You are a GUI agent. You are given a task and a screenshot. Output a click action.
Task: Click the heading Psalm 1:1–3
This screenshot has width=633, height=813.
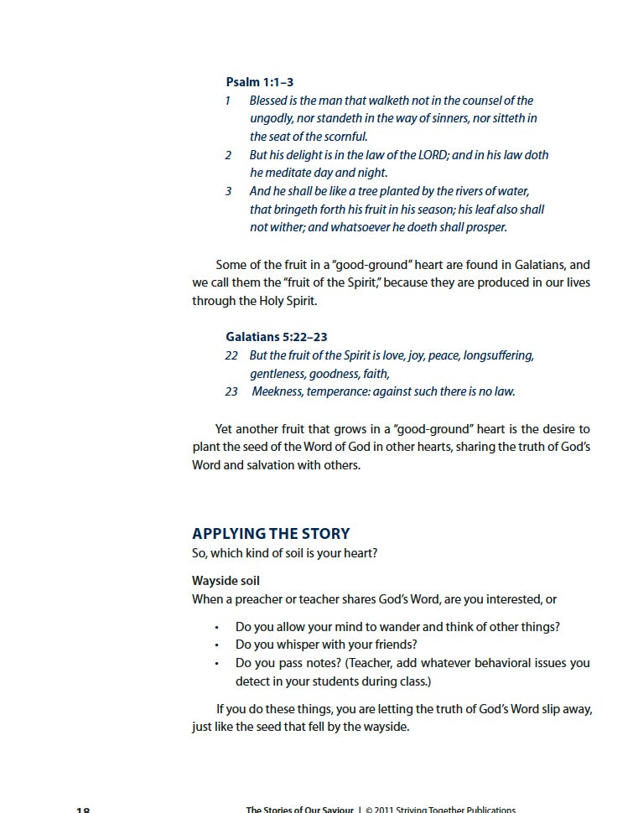[260, 82]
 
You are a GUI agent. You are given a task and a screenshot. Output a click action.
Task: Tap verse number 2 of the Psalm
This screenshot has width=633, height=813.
[228, 155]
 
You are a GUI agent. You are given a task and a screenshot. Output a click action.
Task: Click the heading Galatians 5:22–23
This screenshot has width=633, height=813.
[277, 337]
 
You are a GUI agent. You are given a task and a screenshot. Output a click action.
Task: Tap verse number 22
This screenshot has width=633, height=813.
[231, 355]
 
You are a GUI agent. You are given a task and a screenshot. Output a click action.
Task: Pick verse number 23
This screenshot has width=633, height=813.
[231, 391]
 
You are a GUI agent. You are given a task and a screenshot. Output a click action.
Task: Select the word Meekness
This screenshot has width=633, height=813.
[278, 391]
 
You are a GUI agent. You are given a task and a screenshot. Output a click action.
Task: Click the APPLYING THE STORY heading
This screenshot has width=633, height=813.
[271, 534]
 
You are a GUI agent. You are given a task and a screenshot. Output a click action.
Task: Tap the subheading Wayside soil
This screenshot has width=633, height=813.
[231, 581]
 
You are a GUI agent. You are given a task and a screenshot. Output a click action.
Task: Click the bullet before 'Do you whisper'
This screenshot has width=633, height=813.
[216, 645]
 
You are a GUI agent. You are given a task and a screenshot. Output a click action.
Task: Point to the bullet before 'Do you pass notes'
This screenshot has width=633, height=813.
[216, 664]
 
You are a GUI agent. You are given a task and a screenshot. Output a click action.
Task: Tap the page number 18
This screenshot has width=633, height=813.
[83, 810]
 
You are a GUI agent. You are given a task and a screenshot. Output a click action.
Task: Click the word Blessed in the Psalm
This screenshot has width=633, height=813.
[272, 101]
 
